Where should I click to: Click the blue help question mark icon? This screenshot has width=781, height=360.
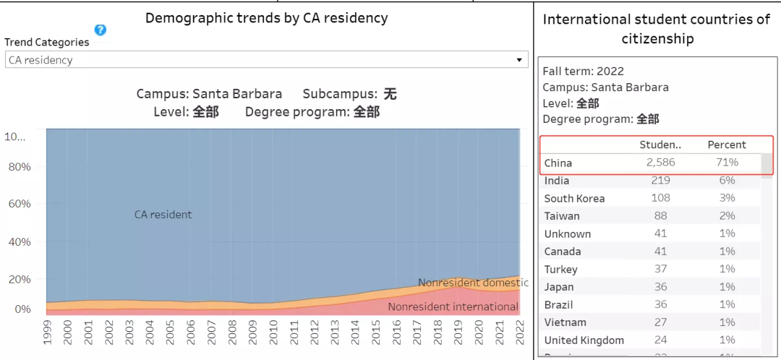click(101, 30)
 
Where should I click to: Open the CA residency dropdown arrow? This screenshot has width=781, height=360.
click(519, 60)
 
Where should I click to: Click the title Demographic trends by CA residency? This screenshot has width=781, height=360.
click(266, 18)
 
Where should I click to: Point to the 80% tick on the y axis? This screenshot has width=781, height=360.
click(18, 167)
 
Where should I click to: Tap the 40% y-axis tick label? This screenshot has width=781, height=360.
click(18, 241)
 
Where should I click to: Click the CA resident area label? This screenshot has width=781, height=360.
click(163, 215)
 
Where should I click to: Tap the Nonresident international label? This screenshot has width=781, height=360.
click(453, 307)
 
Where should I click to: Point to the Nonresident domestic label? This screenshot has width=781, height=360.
click(473, 283)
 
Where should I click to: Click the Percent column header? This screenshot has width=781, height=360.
click(727, 145)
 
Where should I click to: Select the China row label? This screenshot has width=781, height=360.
click(558, 163)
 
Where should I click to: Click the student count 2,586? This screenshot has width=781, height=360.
click(660, 163)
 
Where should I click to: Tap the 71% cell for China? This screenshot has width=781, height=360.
click(727, 163)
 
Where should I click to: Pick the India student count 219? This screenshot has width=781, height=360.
click(661, 181)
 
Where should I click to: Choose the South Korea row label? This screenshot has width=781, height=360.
click(575, 198)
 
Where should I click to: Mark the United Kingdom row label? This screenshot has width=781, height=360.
click(584, 340)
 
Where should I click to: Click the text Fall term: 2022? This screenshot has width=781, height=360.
click(583, 71)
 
